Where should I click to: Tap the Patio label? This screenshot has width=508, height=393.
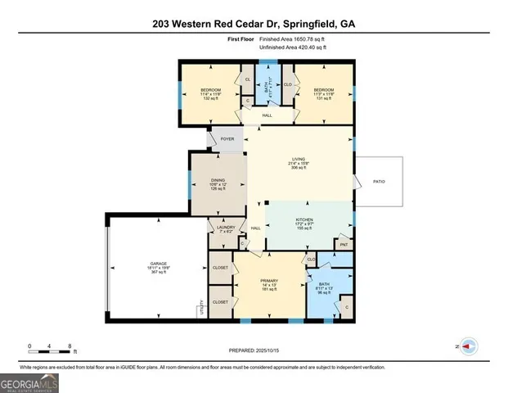pos(379,181)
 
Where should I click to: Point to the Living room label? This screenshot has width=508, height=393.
pos(298,159)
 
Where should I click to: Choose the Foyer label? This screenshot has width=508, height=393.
pos(227,138)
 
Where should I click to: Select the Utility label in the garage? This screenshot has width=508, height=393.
pos(200,309)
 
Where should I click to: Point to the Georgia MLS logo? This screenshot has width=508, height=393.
pos(29,382)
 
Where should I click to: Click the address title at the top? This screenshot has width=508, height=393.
pos(254,24)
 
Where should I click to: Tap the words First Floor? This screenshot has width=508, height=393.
pos(242,39)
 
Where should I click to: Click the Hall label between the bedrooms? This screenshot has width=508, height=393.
pos(267,115)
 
